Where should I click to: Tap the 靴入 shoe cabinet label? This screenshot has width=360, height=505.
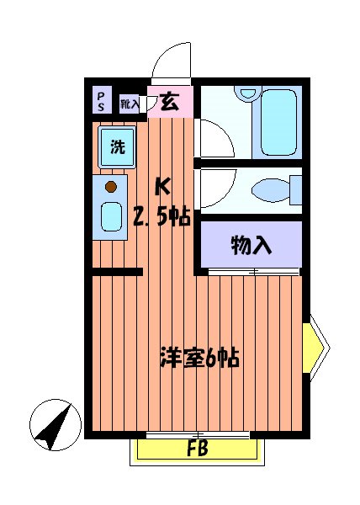pyautogui.click(x=129, y=104)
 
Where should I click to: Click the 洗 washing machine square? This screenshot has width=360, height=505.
pyautogui.click(x=118, y=148)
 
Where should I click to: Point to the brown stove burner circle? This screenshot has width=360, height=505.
pyautogui.click(x=110, y=187)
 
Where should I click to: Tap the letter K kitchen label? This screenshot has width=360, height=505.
pyautogui.click(x=165, y=186)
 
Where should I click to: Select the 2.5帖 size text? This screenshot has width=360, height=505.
pyautogui.click(x=161, y=217)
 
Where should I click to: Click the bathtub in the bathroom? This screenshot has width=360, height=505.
pyautogui.click(x=279, y=121)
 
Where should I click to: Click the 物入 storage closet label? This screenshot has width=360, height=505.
pyautogui.click(x=251, y=245)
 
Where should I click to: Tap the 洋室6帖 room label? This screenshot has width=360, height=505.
pyautogui.click(x=200, y=359)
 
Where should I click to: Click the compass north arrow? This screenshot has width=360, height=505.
pyautogui.click(x=52, y=426)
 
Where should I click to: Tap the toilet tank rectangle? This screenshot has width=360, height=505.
pyautogui.click(x=295, y=188)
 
